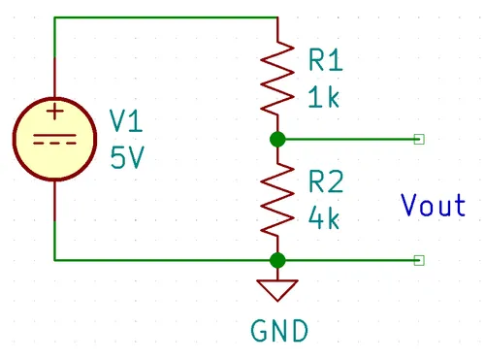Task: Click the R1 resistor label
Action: [x=326, y=60]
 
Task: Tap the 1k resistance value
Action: [x=324, y=96]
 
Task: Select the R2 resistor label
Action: [x=326, y=181]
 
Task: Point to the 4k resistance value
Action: [x=324, y=218]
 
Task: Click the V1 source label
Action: [x=126, y=120]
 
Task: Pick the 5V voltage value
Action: [x=127, y=157]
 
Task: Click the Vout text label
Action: [x=434, y=205]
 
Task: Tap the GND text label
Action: [x=279, y=331]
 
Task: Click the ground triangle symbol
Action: [x=277, y=290]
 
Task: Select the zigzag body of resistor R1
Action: [x=277, y=78]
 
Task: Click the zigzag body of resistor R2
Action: [x=277, y=199]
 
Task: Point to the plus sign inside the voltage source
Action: [x=55, y=112]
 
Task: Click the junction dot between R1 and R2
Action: [x=277, y=140]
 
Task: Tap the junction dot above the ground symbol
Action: [x=277, y=260]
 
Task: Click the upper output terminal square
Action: [x=419, y=140]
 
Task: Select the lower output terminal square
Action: [x=419, y=260]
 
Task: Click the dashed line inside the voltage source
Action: [x=55, y=143]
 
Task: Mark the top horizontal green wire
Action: [x=166, y=17]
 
